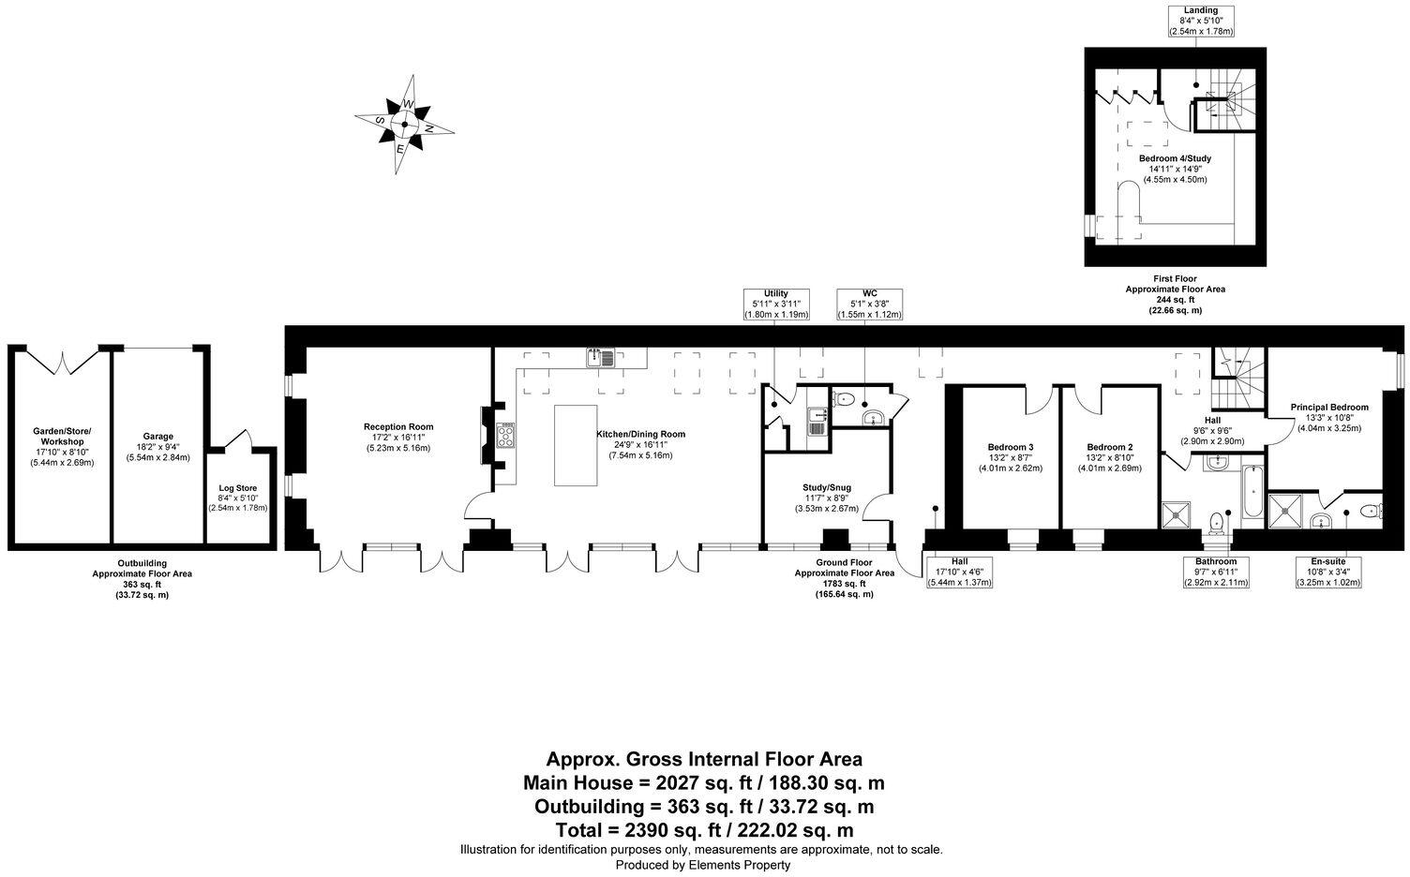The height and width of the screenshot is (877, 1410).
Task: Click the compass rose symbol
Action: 405,124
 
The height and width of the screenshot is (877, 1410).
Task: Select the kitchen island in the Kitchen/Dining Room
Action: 576,445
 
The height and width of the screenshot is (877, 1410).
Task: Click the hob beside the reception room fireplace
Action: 507,436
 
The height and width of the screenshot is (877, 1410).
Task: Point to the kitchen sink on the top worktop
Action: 600,357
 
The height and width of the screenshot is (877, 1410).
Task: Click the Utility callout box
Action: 775,304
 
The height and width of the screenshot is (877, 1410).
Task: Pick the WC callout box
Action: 869,304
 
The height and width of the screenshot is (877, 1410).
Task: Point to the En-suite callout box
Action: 1327,571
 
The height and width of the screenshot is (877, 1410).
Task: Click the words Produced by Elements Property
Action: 702,865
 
